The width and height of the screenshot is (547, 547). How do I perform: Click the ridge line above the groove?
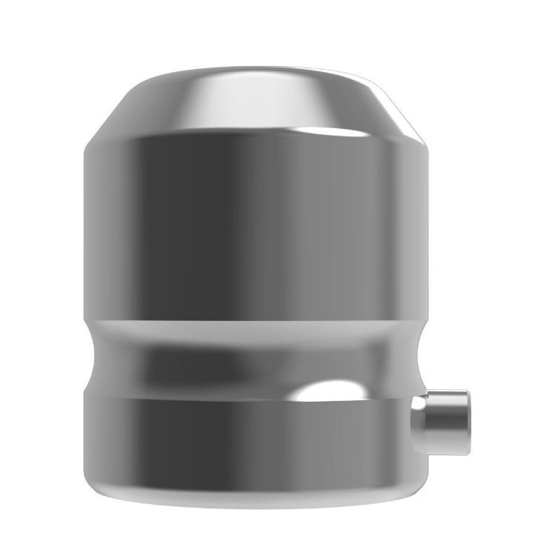click(256, 319)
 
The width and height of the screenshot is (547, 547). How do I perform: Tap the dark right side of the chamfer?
click(400, 111)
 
